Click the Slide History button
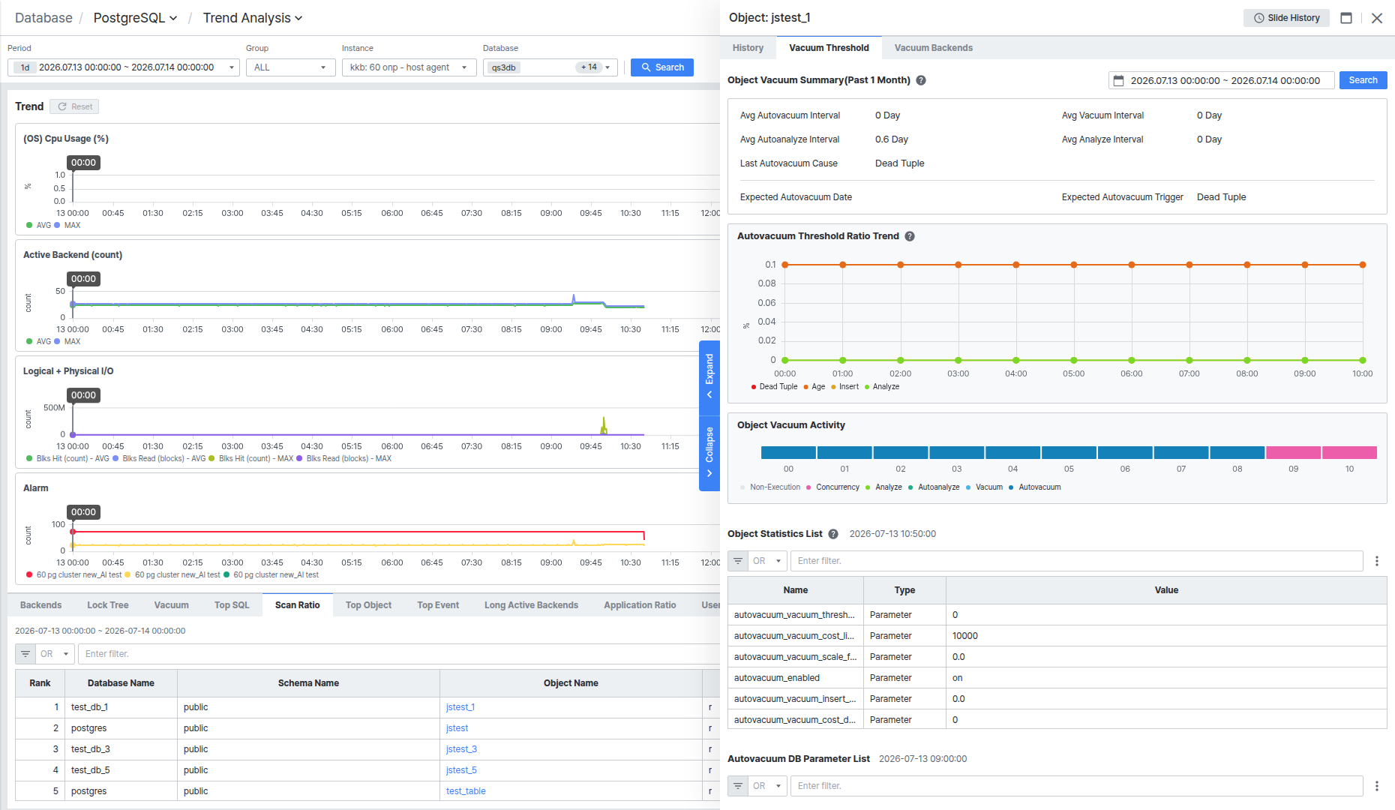click(x=1286, y=18)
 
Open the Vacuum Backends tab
click(x=933, y=48)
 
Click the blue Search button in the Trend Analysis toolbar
click(x=662, y=67)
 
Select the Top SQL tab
click(x=232, y=605)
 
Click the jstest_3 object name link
click(x=461, y=749)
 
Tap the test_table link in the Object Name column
click(x=466, y=791)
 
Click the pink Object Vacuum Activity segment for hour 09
click(x=1293, y=452)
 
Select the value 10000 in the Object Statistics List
click(x=965, y=636)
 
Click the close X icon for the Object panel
click(x=1377, y=18)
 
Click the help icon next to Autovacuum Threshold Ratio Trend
click(x=910, y=236)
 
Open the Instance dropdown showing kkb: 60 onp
click(x=409, y=67)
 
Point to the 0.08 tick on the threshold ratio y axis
click(x=766, y=283)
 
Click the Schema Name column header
click(x=308, y=683)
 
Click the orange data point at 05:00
click(x=1074, y=265)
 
